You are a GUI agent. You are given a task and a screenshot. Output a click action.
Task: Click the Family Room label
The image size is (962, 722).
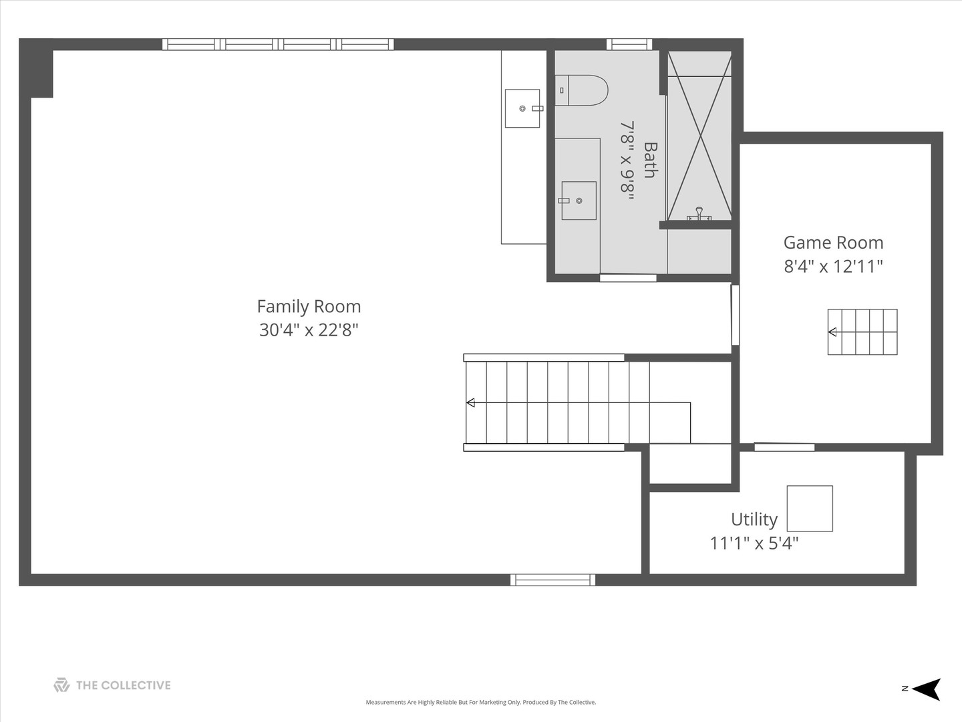click(309, 306)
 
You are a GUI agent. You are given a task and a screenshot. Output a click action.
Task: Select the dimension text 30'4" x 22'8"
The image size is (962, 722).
click(309, 330)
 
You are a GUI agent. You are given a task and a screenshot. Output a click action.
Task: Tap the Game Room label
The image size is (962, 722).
click(833, 243)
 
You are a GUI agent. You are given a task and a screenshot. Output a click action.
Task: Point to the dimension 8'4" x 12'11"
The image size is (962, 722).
click(833, 266)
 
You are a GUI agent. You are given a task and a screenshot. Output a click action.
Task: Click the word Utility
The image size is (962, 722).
click(754, 519)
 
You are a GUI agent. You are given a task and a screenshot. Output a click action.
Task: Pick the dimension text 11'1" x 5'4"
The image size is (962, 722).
click(754, 543)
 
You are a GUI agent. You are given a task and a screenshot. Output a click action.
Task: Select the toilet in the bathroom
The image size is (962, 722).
click(582, 90)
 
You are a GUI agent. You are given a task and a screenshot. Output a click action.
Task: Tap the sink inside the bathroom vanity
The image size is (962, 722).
click(579, 201)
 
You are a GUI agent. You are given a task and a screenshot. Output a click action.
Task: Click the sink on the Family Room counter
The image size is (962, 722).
click(523, 108)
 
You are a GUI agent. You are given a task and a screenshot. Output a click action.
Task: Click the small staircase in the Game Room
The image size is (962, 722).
click(862, 332)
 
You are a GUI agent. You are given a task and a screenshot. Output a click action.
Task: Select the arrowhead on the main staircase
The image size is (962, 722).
click(470, 402)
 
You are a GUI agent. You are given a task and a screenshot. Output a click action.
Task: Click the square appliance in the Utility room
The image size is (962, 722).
click(810, 509)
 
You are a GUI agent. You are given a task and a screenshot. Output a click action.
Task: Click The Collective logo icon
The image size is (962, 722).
click(61, 685)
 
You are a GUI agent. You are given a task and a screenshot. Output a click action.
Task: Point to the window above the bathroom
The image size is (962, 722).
click(629, 44)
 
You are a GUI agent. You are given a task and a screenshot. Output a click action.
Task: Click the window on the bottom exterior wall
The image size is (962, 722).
click(553, 580)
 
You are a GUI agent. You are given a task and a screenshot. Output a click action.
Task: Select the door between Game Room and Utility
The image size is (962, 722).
click(784, 447)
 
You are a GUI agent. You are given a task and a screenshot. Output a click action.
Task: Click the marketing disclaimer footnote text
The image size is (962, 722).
click(481, 702)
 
